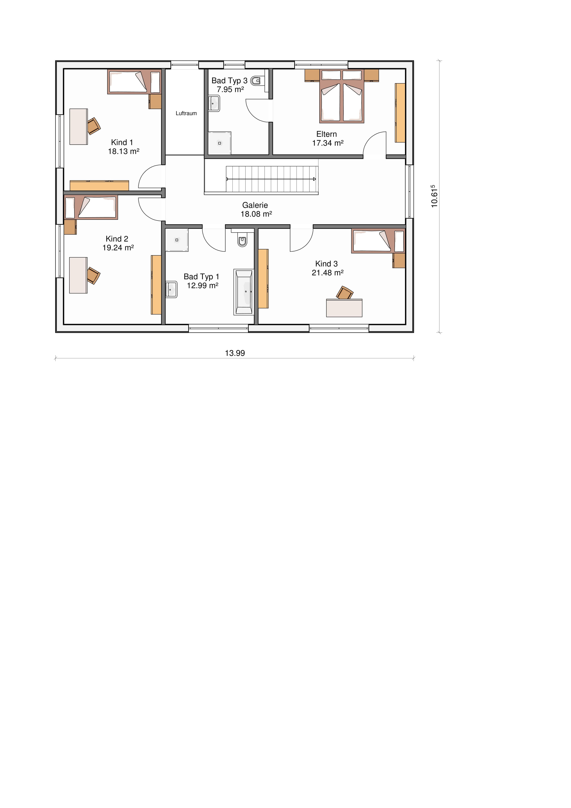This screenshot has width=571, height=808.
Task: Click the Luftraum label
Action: click(186, 113)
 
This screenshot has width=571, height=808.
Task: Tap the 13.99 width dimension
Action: click(235, 353)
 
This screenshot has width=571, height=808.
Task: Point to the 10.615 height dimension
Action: click(434, 196)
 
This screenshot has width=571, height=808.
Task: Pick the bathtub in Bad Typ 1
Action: click(243, 292)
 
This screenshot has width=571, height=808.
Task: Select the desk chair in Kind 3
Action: click(345, 293)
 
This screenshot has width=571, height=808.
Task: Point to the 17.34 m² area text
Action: click(328, 143)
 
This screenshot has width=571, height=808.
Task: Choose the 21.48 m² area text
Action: click(328, 272)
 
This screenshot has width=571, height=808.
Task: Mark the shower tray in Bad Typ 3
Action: click(219, 143)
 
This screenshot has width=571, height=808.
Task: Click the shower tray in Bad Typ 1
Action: click(177, 240)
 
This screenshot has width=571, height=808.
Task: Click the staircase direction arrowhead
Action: click(315, 179)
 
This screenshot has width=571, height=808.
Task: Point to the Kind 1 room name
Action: click(122, 142)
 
